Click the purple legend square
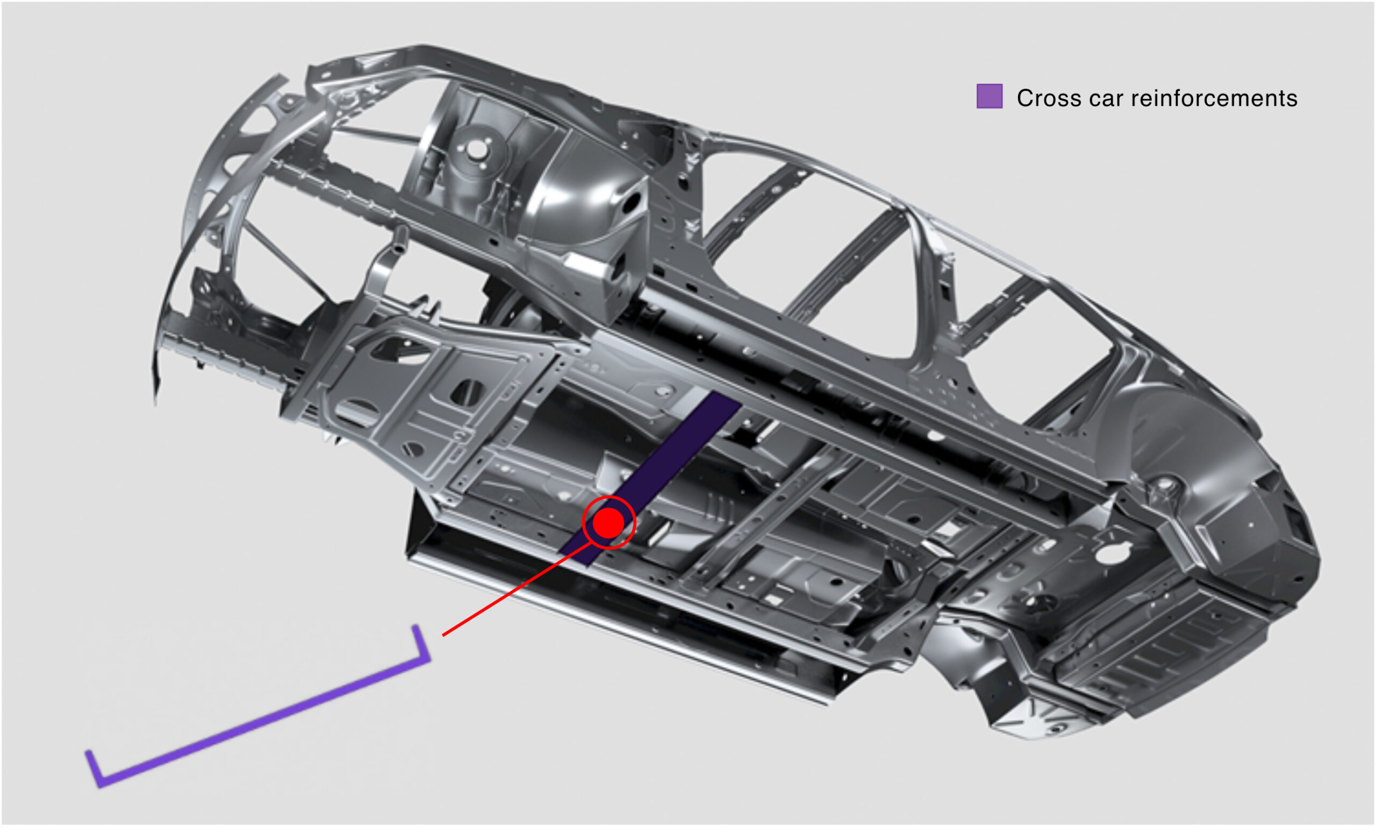click(x=989, y=96)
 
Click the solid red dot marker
click(x=608, y=523)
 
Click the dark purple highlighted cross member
click(x=650, y=478)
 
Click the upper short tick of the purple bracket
click(x=421, y=643)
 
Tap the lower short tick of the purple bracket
click(x=93, y=769)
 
